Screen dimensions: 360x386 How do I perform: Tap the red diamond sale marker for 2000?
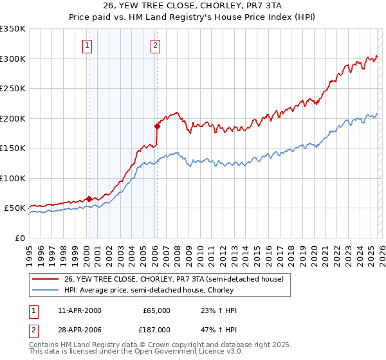[x=89, y=199]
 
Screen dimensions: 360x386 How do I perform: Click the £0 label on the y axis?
[x=19, y=238]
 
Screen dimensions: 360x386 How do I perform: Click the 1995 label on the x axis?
[x=30, y=251]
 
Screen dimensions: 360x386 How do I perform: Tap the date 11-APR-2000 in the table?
[x=79, y=310]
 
